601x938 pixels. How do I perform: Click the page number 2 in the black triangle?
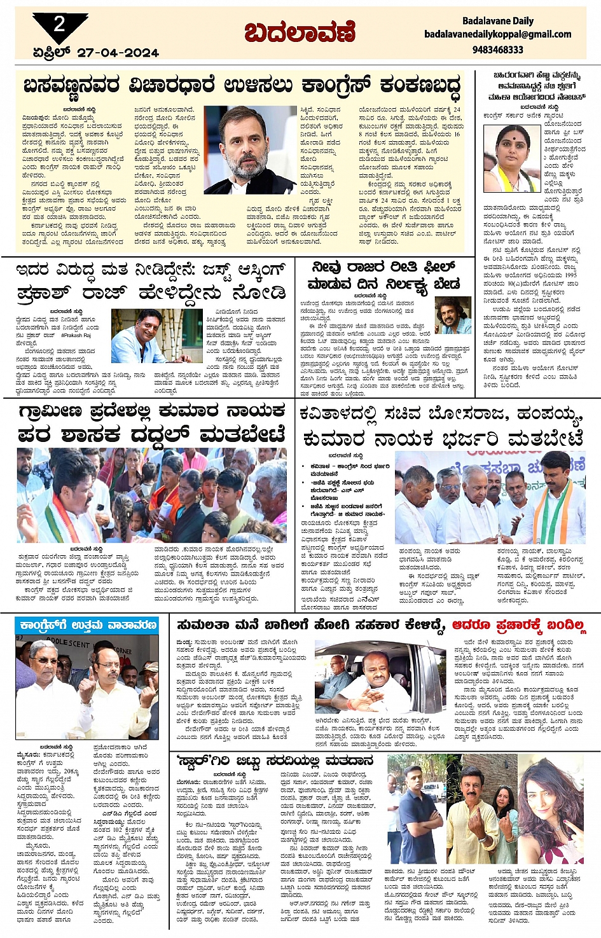(x=60, y=25)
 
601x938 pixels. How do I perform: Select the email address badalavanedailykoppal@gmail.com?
(x=498, y=34)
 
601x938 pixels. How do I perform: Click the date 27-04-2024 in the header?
(x=118, y=53)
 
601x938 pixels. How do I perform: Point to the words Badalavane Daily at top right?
(x=498, y=21)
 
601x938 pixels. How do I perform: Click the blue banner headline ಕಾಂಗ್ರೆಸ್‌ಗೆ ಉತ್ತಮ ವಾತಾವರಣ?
(x=88, y=625)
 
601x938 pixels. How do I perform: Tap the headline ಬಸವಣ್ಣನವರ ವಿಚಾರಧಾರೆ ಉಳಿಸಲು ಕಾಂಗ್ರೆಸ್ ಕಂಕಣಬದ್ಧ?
(x=242, y=86)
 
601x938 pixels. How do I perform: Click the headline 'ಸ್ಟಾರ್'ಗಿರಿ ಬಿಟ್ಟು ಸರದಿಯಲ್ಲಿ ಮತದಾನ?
(x=275, y=762)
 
